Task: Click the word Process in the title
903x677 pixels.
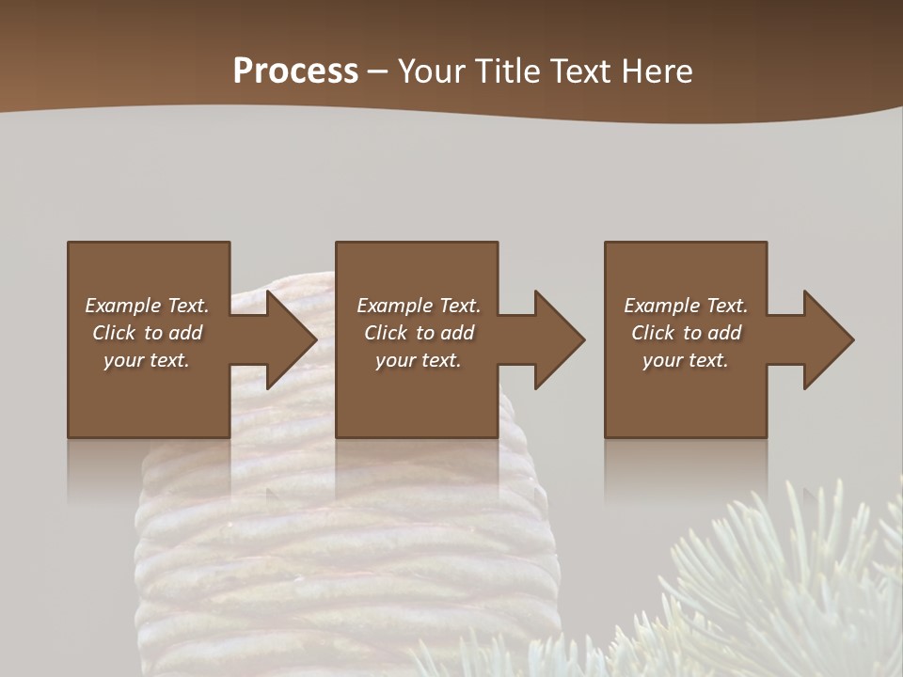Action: pos(295,71)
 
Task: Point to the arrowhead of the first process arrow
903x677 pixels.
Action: pos(291,339)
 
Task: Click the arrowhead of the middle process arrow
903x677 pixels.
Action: pos(559,339)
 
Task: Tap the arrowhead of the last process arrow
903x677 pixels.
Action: pos(828,339)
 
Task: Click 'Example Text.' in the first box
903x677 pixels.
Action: pos(147,306)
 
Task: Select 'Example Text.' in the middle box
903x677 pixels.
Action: pos(418,306)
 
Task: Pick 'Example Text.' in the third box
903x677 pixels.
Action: pos(686,306)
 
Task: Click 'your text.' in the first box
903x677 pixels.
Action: pos(147,360)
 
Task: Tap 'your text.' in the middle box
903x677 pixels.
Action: pos(418,360)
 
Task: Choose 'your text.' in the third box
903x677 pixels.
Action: pos(686,360)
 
